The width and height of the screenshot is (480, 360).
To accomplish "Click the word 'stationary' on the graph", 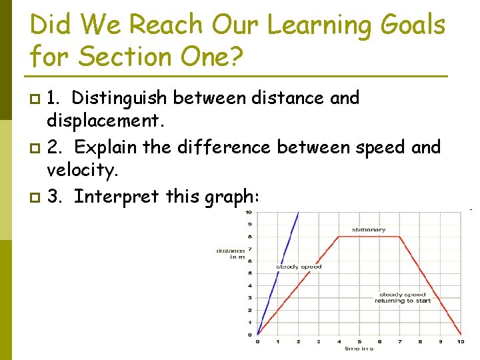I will click(369, 230).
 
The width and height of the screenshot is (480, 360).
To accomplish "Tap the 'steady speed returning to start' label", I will click(402, 297).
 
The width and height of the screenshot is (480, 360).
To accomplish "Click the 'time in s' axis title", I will click(359, 349).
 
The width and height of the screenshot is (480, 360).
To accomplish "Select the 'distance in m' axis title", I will click(230, 254).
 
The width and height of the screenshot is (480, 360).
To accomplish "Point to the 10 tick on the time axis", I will click(461, 341).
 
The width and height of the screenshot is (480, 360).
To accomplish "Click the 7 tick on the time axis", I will click(400, 341).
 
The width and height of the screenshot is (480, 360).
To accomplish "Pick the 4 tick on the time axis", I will click(339, 341).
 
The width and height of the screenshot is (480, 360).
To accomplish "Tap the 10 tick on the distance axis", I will click(249, 213).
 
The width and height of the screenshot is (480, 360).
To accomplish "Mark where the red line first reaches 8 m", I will click(339, 237).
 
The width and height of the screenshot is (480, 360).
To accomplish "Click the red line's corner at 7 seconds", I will click(400, 237).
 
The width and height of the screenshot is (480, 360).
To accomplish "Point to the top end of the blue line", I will click(299, 213).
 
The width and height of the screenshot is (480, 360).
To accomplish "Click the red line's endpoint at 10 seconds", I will click(461, 334).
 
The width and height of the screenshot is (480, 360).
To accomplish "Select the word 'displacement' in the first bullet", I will click(101, 122).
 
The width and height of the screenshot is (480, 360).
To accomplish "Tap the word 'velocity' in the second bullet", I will click(81, 171).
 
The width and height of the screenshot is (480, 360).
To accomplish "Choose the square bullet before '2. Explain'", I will click(35, 147).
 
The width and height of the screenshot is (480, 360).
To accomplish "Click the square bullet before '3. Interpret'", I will click(35, 197).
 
